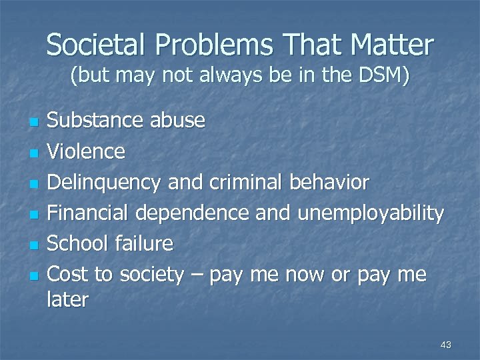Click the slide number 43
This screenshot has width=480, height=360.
446,345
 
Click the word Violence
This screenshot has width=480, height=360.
86,151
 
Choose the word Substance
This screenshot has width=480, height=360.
95,121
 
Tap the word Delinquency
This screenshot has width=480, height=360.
105,183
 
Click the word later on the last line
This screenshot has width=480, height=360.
67,299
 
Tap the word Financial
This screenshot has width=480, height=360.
91,213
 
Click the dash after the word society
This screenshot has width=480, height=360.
196,275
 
